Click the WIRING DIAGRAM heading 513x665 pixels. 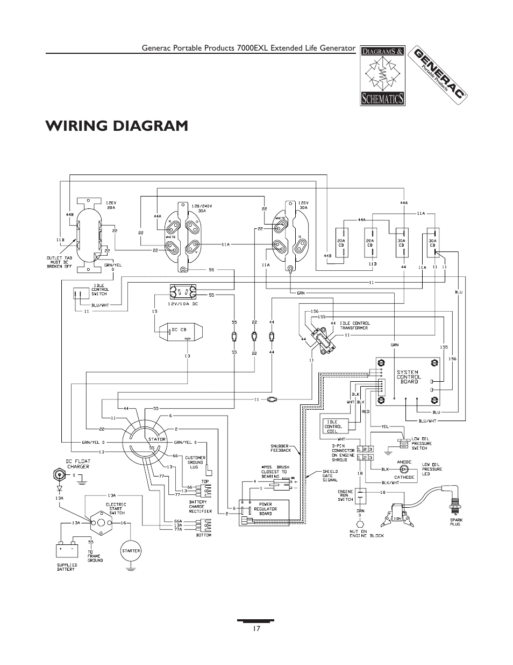pos(117,125)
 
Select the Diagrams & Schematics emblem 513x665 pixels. pos(383,75)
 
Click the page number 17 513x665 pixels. pos(256,628)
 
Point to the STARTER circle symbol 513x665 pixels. pos(131,550)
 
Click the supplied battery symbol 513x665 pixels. pos(68,550)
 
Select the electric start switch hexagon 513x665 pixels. pos(99,523)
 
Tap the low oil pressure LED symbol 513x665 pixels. pos(404,469)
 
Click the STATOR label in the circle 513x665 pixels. pos(149,439)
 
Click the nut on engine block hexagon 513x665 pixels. pos(361,523)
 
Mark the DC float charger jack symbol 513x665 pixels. pos(58,475)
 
